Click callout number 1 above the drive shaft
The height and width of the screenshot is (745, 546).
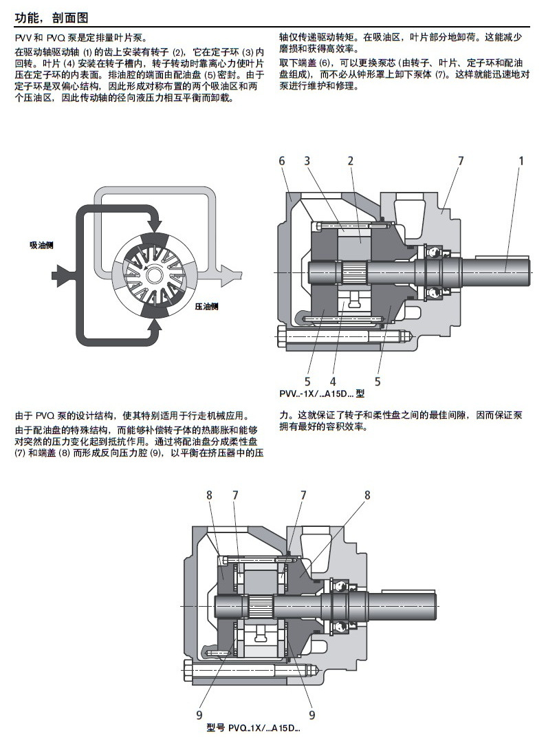coord(521,161)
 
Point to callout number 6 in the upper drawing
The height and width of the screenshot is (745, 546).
coord(282,161)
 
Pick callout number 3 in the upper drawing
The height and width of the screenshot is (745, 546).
coord(307,161)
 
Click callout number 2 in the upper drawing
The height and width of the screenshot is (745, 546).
coord(350,161)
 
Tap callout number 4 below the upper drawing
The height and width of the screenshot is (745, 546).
coord(333,381)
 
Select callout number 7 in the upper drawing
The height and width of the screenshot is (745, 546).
coord(461,161)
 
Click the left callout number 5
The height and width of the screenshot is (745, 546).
coord(308,381)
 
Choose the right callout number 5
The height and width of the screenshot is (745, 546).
coord(378,381)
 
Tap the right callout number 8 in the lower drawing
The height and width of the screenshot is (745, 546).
coord(367,495)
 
